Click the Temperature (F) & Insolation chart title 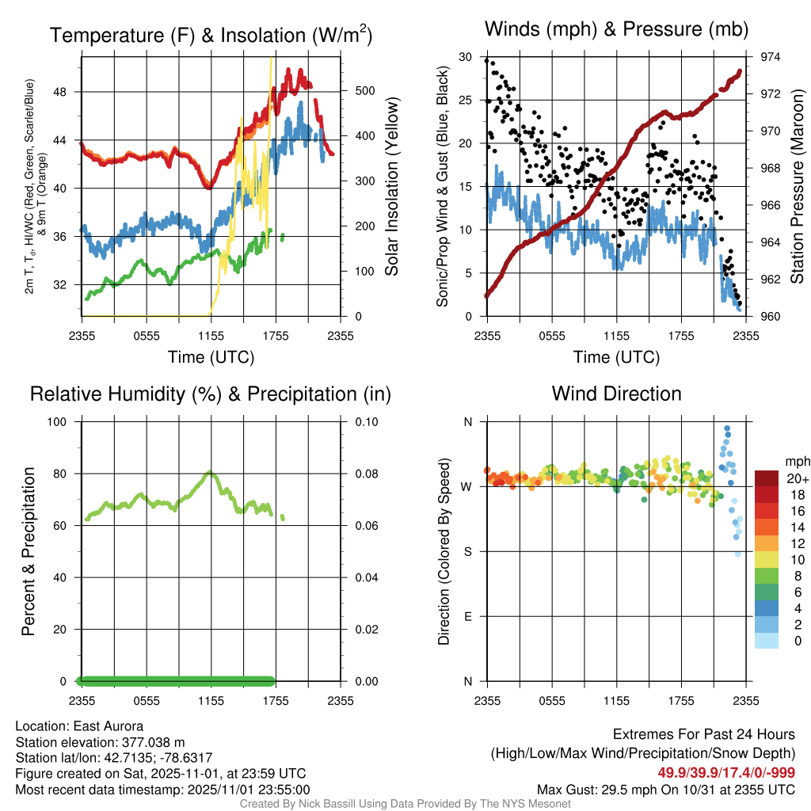(x=211, y=36)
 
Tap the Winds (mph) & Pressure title (x=617, y=30)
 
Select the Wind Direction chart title (x=616, y=394)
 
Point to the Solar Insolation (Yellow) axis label (x=391, y=188)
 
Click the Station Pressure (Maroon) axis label (x=798, y=187)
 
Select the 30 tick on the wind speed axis (x=466, y=57)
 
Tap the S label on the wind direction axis (x=467, y=551)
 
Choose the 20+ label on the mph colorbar (x=796, y=478)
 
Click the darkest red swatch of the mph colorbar (x=767, y=478)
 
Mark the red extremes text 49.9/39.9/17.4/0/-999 (x=726, y=772)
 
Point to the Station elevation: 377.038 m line (x=100, y=742)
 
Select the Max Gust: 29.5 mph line (x=666, y=789)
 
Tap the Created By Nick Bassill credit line (x=405, y=804)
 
